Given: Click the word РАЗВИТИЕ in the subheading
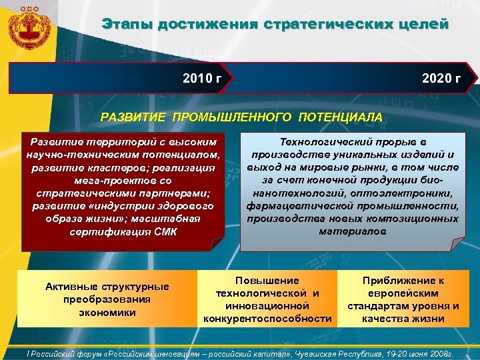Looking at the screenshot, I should click(135, 117).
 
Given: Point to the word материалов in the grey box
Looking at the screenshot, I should click(352, 231).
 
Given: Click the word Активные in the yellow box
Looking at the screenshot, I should click(71, 287).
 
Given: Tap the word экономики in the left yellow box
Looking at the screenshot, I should click(107, 312).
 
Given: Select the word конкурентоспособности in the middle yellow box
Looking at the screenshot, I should click(268, 318).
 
